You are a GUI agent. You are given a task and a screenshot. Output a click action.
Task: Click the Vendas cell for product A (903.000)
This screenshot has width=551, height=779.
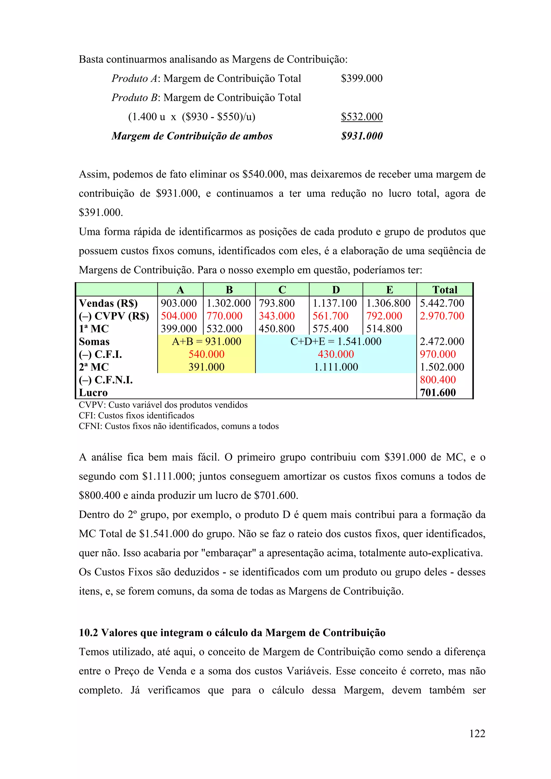179,303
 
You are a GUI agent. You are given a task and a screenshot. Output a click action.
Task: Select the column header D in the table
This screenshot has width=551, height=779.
336,290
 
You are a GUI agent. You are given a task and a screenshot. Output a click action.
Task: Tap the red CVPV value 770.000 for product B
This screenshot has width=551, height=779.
224,316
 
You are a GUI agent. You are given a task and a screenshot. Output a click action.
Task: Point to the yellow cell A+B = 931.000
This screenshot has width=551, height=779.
206,341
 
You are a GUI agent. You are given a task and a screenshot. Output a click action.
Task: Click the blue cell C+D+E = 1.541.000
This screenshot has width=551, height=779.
336,341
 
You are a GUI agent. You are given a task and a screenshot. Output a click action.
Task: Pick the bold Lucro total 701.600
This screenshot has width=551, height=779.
438,392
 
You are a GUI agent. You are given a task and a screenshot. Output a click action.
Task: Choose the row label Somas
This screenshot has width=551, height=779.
94,342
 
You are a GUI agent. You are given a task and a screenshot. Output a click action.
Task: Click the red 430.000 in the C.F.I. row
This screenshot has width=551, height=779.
336,354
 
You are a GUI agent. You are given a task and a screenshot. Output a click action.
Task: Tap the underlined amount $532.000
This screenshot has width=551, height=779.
362,117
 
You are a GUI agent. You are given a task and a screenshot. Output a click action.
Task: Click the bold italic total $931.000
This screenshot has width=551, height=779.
362,136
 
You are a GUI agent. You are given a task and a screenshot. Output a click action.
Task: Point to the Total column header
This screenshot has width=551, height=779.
444,290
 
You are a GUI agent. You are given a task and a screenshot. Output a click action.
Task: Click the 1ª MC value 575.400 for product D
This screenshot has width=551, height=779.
330,329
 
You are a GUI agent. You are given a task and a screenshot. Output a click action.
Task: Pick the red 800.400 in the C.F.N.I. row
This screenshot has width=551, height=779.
438,380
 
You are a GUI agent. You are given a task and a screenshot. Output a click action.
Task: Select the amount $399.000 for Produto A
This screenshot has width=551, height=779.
362,78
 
